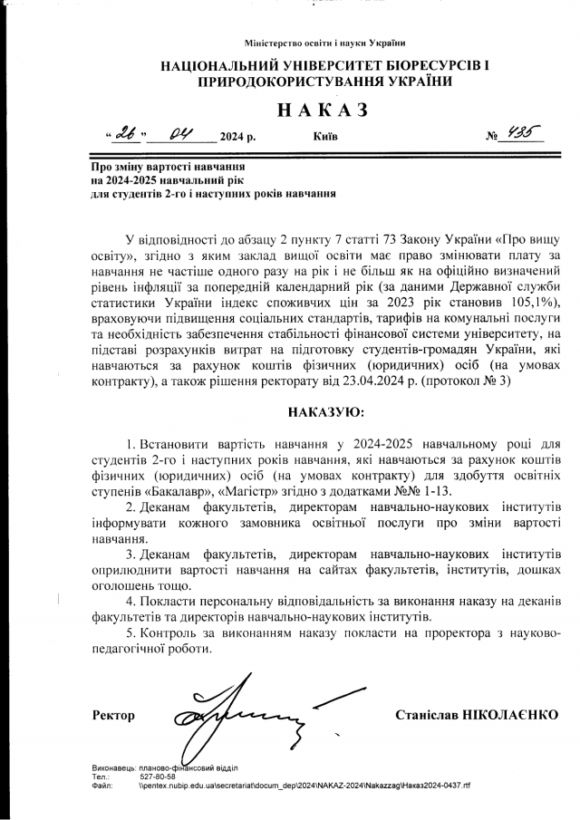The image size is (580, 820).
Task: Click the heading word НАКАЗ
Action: tap(322, 110)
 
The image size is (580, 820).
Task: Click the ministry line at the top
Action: tap(324, 43)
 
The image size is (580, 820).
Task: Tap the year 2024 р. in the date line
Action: tap(237, 138)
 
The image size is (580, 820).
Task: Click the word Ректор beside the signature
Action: tap(113, 716)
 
